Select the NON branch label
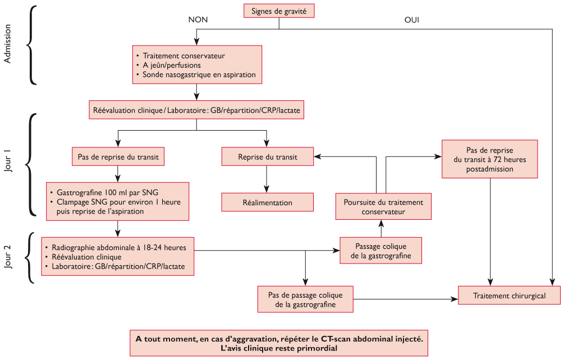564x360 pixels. coord(198,20)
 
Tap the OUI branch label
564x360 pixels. coord(412,20)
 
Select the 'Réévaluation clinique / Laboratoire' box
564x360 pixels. coord(196,111)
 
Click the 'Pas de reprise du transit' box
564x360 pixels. coord(118,157)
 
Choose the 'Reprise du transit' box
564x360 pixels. coord(267,157)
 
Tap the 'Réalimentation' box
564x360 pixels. coord(267,202)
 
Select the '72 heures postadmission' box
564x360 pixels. coord(490,159)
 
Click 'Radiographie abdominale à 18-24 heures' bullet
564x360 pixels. coord(122,247)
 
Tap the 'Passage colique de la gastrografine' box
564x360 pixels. coord(381,251)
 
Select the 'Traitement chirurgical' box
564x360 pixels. coord(509,296)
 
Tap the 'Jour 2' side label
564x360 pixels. coord(7,257)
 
